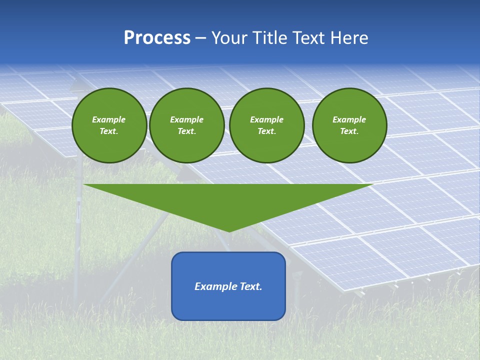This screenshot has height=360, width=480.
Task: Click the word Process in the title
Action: [157, 38]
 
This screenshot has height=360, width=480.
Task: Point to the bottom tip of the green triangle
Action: [229, 230]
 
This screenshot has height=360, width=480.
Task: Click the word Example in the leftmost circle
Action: [109, 119]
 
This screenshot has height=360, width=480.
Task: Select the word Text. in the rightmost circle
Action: [349, 131]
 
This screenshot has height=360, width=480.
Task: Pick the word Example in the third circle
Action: [267, 119]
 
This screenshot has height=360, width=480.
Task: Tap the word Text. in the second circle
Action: [187, 131]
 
